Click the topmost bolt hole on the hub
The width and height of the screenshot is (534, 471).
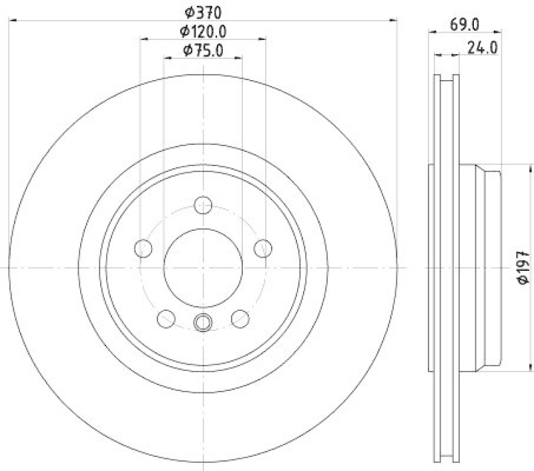(203, 205)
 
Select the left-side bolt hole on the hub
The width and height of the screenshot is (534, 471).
(143, 248)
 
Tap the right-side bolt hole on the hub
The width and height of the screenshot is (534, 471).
(263, 248)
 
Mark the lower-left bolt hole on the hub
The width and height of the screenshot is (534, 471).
(166, 318)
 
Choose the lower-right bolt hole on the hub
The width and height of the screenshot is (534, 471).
(240, 318)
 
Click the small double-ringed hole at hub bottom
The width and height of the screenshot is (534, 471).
(203, 322)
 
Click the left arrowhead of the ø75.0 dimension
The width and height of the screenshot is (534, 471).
(167, 59)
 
